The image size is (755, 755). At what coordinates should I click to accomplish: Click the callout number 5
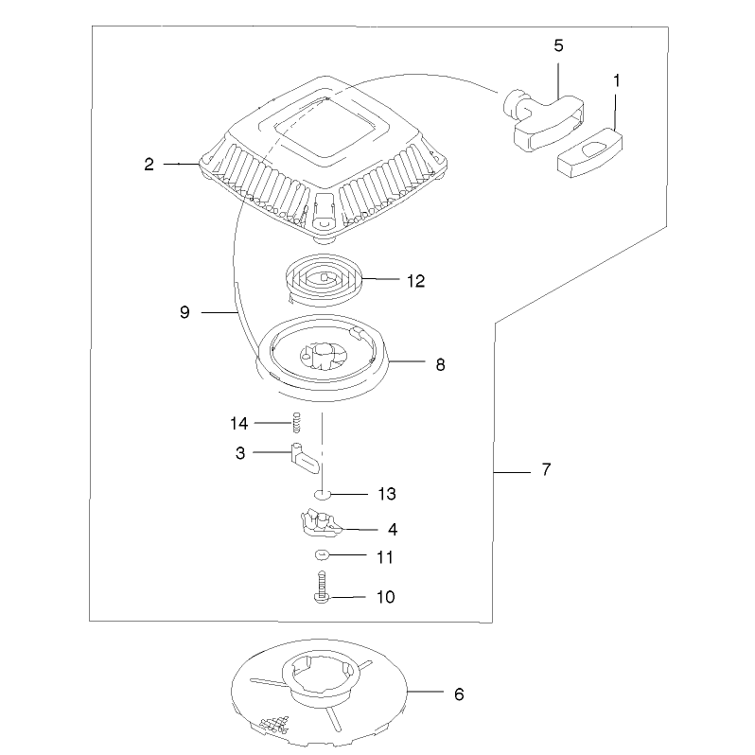(x=558, y=45)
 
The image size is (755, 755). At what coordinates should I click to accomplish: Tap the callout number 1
(x=616, y=81)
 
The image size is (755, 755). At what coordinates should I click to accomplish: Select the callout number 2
(x=149, y=165)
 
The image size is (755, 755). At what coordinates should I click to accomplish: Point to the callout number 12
(x=416, y=281)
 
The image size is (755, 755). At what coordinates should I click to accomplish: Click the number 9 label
(x=184, y=312)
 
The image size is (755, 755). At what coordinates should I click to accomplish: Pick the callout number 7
(x=546, y=469)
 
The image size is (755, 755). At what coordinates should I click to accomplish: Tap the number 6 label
(x=460, y=694)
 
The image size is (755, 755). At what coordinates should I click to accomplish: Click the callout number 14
(x=239, y=424)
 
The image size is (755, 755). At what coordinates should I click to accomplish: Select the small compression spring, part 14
(x=297, y=422)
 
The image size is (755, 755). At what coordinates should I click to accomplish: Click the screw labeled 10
(x=322, y=587)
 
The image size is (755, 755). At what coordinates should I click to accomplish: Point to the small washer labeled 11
(x=321, y=555)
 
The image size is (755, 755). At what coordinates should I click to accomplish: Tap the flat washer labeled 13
(x=322, y=494)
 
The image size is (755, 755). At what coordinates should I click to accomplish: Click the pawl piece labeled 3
(x=305, y=458)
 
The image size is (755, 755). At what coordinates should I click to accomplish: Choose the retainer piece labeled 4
(x=321, y=523)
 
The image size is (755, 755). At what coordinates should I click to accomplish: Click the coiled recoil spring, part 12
(x=325, y=279)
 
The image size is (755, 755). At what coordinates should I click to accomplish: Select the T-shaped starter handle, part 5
(x=544, y=120)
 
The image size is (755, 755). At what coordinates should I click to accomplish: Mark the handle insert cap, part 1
(x=589, y=153)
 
